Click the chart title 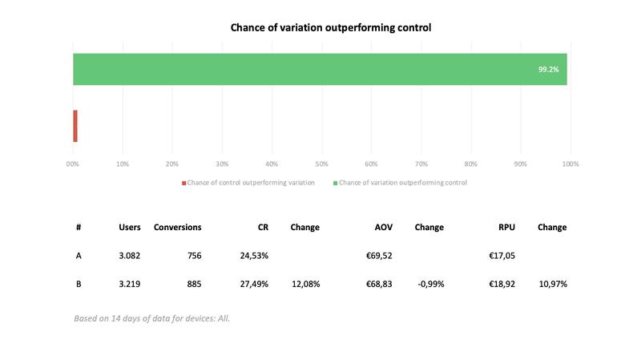click(x=331, y=27)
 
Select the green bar click(x=320, y=69)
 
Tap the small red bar click(x=75, y=126)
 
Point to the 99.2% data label click(x=548, y=70)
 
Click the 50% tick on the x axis click(x=322, y=164)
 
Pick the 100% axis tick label click(x=570, y=164)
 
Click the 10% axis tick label click(x=123, y=164)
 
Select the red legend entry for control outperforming click(x=248, y=183)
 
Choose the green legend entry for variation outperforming click(x=400, y=183)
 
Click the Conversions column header click(x=177, y=227)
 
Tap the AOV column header click(x=384, y=227)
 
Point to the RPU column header click(x=506, y=227)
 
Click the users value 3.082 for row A click(x=130, y=256)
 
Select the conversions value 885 click(x=194, y=284)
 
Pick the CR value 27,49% click(x=254, y=284)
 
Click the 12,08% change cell click(x=306, y=284)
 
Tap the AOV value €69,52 click(x=379, y=256)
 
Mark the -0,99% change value click(x=431, y=284)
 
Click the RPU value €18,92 click(x=502, y=284)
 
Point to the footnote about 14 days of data click(x=151, y=318)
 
